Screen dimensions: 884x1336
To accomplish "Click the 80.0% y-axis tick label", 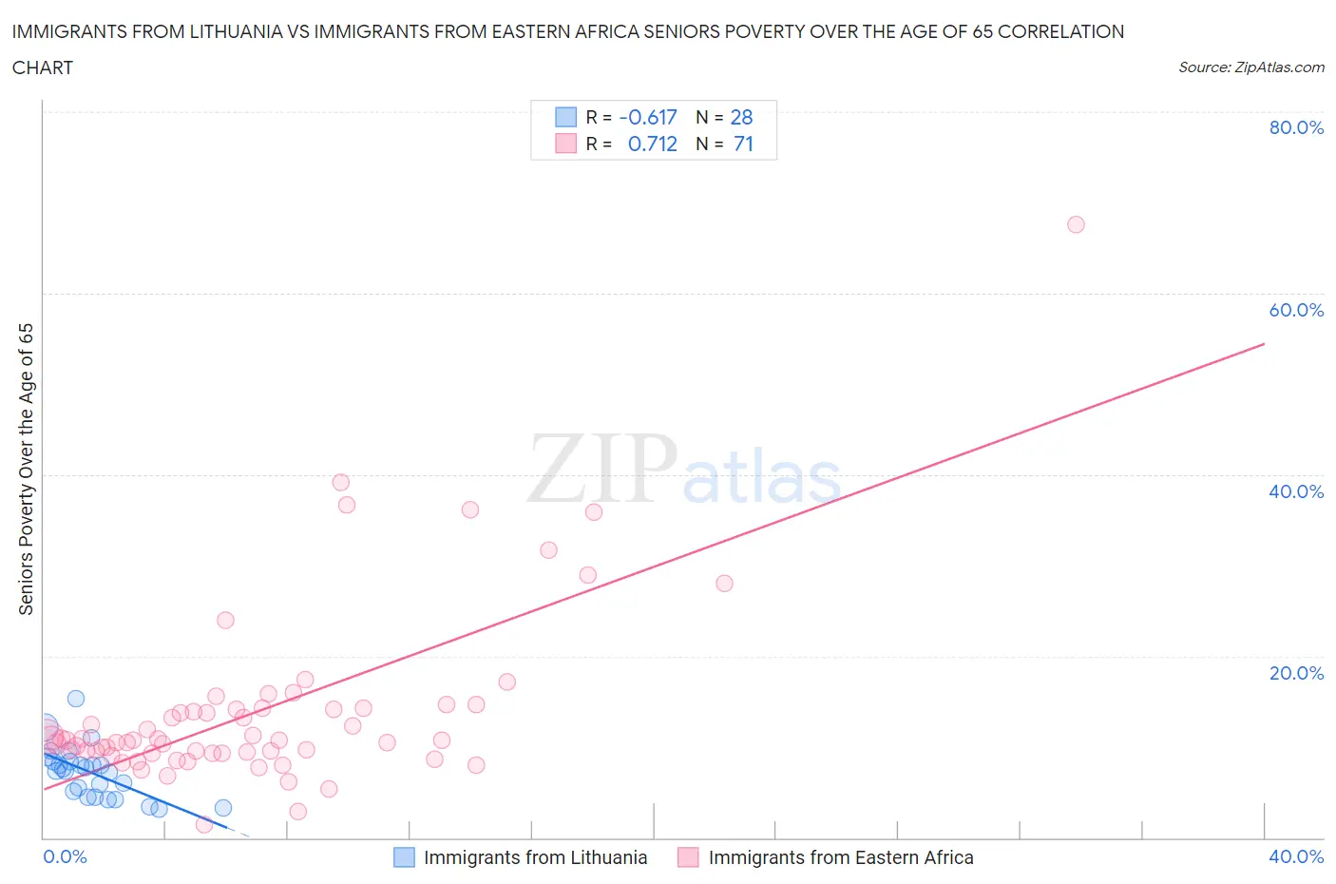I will click(1296, 127).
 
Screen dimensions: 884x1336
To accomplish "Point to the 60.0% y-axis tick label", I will click(1296, 310).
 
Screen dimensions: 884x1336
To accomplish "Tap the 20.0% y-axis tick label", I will click(1296, 673).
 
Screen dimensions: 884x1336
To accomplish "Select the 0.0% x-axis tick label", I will click(65, 856).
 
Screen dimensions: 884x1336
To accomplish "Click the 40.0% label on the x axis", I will click(1296, 856).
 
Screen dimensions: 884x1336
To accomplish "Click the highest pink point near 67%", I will click(1076, 224).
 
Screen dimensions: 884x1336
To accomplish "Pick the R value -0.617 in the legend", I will click(648, 117).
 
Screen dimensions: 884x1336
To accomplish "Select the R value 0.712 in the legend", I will click(653, 144).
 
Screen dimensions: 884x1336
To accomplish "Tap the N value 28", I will click(741, 117).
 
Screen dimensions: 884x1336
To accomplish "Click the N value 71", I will click(743, 144).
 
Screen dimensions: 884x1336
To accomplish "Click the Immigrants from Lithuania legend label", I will click(535, 857).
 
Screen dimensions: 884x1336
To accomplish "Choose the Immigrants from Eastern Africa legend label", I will click(841, 857).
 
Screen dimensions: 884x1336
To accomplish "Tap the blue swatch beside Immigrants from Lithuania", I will click(404, 857).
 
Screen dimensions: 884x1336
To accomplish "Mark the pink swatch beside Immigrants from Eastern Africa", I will click(688, 857).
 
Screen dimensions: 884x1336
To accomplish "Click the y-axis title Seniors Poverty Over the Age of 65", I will click(27, 470).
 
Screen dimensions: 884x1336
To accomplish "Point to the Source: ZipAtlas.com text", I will click(1251, 67).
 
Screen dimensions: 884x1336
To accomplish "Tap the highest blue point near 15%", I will click(76, 699).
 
